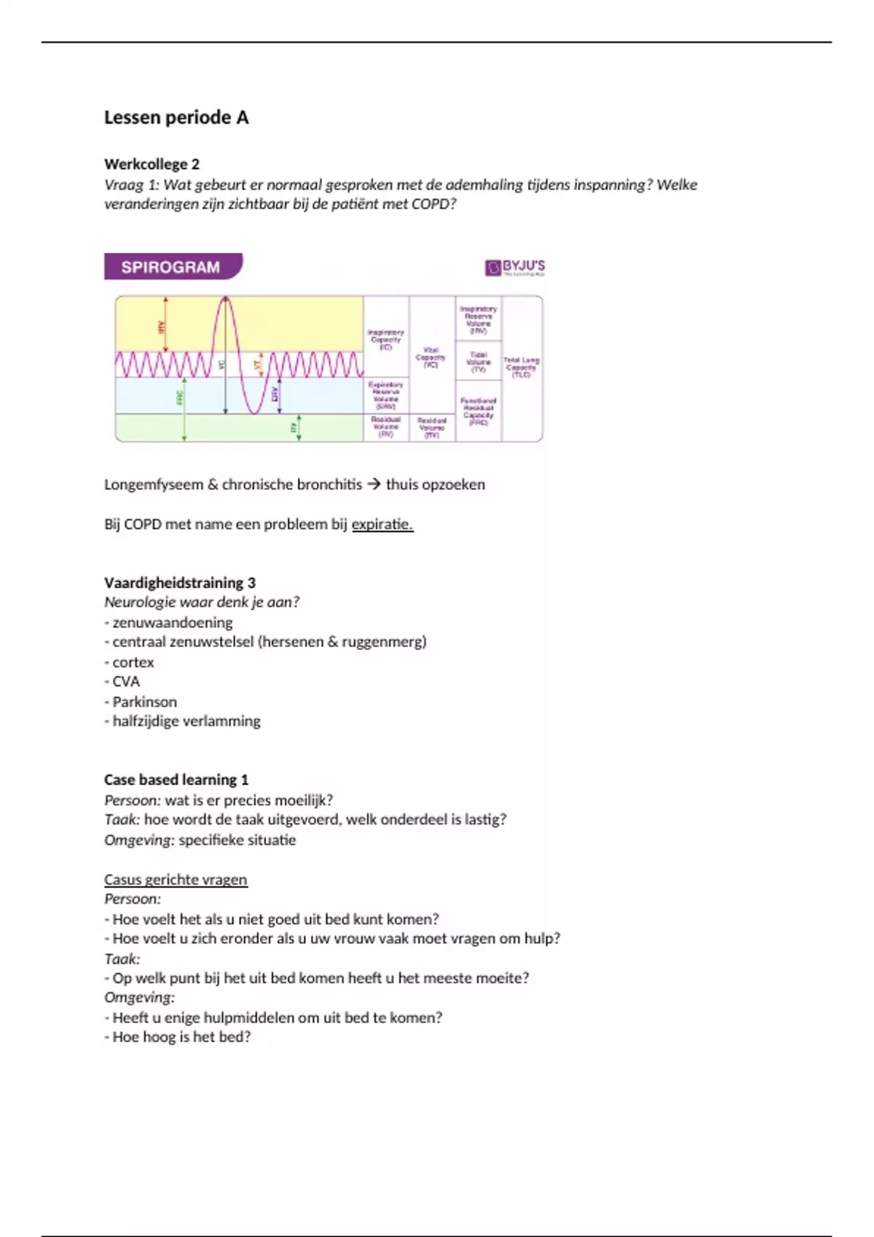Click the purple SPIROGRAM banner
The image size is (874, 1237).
point(171,267)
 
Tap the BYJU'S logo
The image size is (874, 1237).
point(515,268)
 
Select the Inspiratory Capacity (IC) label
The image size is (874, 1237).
point(385,339)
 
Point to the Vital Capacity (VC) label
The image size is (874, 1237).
point(431,357)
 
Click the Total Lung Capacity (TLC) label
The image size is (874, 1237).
point(521,367)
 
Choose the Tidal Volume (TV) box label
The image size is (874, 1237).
point(479,362)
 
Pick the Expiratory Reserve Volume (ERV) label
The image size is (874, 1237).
point(385,395)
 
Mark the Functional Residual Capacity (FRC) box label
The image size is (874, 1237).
point(479,411)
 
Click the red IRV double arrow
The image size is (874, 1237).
point(165,325)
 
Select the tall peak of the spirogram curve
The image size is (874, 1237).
point(226,300)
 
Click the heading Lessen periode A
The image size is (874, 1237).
point(176,117)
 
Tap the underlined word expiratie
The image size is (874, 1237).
point(382,524)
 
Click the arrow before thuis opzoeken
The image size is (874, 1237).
point(374,484)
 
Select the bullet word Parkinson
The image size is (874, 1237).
point(144,701)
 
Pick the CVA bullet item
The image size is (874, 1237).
point(125,681)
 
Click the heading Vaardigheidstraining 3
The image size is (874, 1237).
point(180,582)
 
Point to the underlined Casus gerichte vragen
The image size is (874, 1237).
point(176,879)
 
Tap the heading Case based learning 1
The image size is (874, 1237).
point(176,779)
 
